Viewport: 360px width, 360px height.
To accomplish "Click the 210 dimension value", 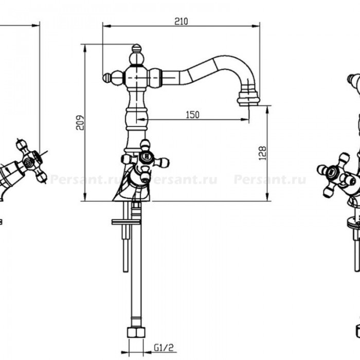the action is tap(181, 22).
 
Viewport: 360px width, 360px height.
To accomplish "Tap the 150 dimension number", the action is tap(192, 115).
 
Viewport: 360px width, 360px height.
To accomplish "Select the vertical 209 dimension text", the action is tap(80, 123).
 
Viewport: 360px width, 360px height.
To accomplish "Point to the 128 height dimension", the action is tap(262, 153).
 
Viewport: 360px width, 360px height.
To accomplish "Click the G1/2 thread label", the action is tap(164, 348).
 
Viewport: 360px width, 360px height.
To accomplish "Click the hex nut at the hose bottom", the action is tap(136, 332).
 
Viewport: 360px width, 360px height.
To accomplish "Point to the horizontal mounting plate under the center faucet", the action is tap(126, 222).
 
